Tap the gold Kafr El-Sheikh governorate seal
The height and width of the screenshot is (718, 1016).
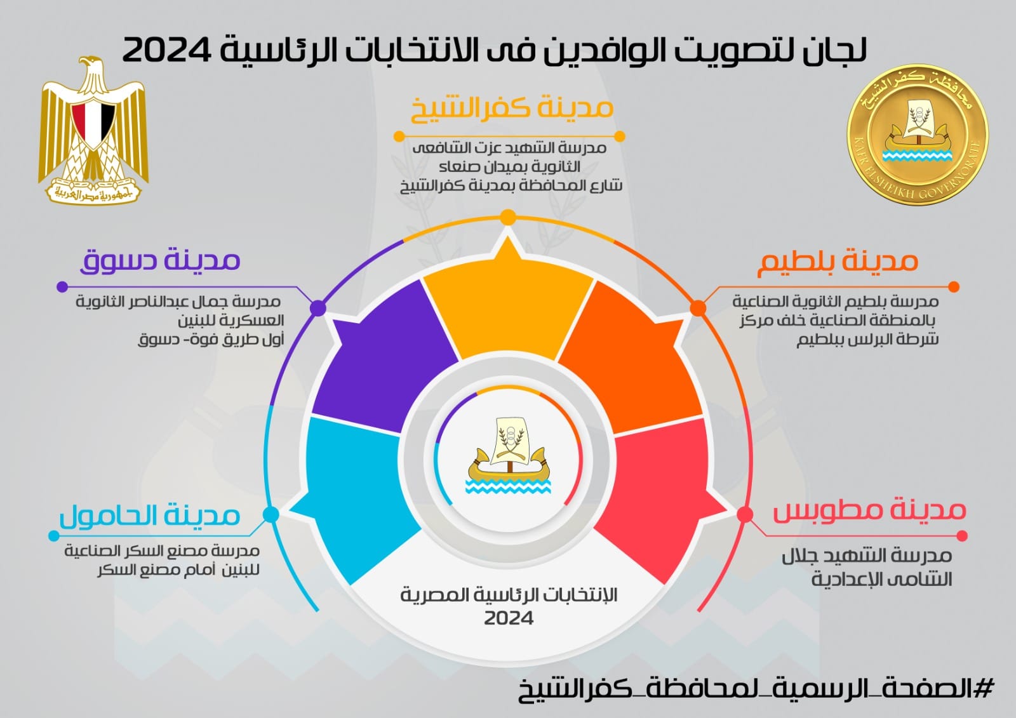(918, 135)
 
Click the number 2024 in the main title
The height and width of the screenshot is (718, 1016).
(167, 50)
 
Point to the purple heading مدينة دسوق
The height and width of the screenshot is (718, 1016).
(160, 260)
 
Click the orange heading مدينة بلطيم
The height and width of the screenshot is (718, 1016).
(838, 262)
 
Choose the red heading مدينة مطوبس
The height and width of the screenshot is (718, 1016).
(869, 510)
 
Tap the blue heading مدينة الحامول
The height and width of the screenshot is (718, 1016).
(150, 516)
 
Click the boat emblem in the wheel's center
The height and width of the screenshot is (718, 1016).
(509, 455)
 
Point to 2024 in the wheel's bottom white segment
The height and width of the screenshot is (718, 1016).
(509, 618)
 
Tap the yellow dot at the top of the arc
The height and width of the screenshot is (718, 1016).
(508, 217)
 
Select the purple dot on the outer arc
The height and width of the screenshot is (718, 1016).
(318, 309)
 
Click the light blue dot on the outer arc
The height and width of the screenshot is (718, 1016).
(271, 514)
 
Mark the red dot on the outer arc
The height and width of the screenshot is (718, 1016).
(745, 514)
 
